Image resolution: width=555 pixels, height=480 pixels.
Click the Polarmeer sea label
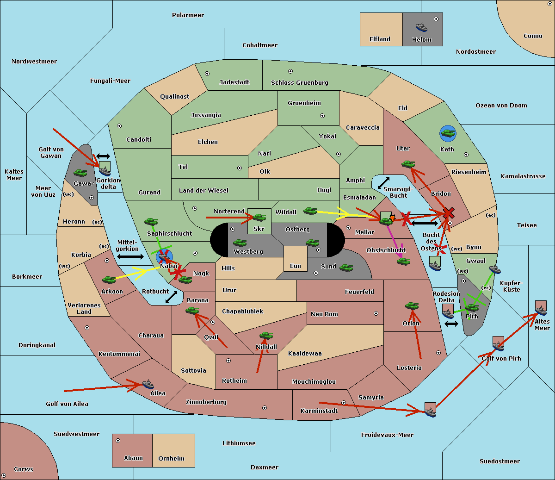point(188,15)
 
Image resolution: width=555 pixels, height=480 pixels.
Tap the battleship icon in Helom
point(421,27)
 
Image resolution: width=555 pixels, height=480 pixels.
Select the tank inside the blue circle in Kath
point(448,134)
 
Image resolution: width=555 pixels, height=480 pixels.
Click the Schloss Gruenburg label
point(299,83)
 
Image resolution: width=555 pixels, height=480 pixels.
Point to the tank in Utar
point(408,164)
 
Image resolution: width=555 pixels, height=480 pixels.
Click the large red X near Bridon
point(448,213)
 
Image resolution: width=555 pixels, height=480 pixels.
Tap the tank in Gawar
point(80,173)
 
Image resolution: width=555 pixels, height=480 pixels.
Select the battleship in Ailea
point(148,384)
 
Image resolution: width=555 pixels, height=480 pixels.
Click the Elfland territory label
point(380,39)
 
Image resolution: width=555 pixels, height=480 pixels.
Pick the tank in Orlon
point(412,306)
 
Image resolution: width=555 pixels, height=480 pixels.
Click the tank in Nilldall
point(266,336)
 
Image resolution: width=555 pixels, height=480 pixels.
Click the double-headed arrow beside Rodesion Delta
point(451,324)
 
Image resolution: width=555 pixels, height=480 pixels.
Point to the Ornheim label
point(171,459)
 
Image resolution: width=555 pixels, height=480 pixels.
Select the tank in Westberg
point(240,243)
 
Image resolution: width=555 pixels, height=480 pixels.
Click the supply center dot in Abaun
point(118,441)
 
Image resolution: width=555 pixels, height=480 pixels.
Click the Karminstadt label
point(319,411)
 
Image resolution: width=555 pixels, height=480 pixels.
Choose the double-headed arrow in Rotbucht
point(171,297)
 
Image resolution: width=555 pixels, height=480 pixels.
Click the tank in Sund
point(346,268)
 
